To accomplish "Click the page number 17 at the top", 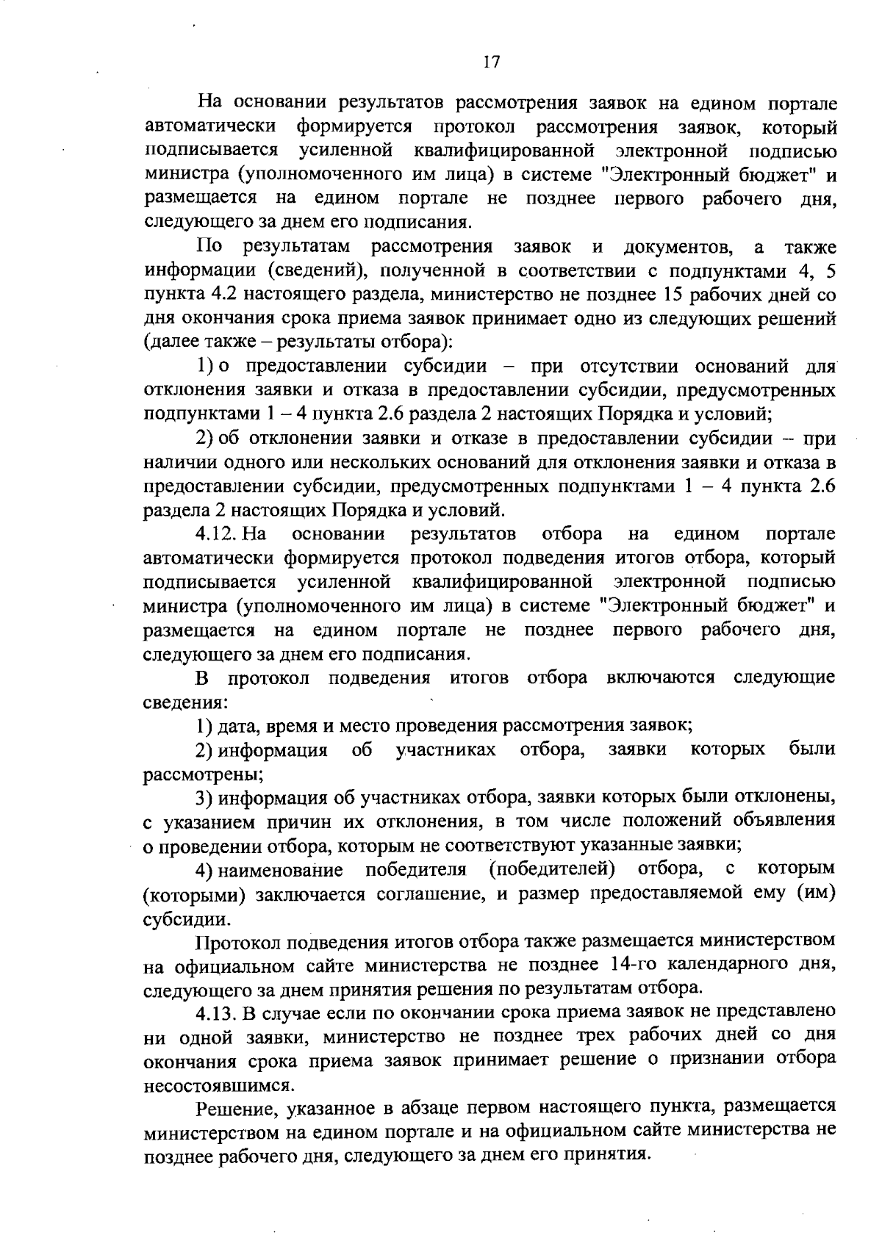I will tap(492, 62).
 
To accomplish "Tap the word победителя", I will tap(416, 870).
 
